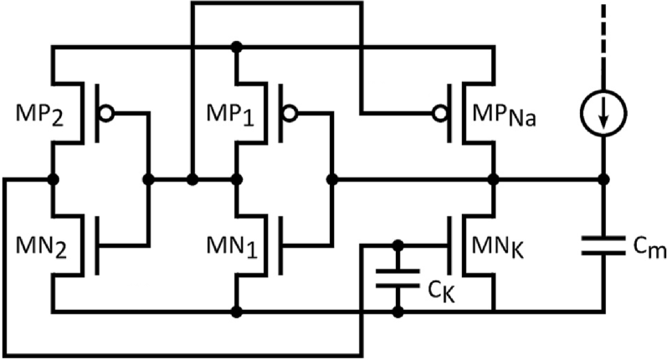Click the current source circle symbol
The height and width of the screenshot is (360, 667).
[x=603, y=114]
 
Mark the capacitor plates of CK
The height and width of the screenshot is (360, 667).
[x=398, y=278]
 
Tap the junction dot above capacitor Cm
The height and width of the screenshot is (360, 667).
[x=603, y=179]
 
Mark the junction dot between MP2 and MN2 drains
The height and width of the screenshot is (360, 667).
[x=54, y=179]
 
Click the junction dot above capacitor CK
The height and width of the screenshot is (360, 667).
[x=398, y=245]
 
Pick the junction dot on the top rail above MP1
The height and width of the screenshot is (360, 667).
[x=239, y=47]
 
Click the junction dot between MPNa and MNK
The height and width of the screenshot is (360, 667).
[x=492, y=179]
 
